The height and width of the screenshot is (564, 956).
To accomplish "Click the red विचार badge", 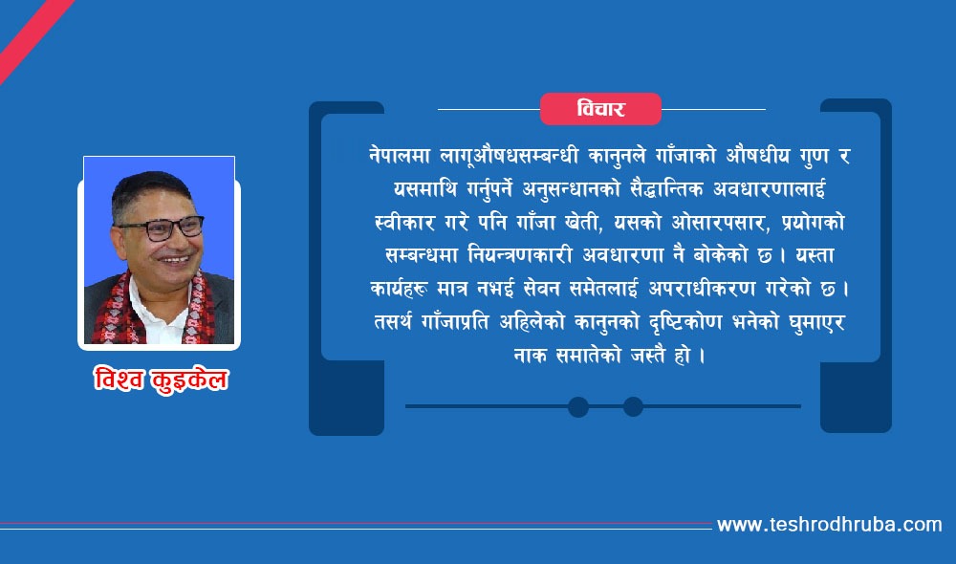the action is [x=600, y=109].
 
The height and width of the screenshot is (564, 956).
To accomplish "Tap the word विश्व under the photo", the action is [x=119, y=380].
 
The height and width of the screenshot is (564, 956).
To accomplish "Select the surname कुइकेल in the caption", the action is [x=189, y=380].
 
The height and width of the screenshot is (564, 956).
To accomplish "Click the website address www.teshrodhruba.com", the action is [x=829, y=525].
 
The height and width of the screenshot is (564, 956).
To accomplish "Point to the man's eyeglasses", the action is [x=161, y=228].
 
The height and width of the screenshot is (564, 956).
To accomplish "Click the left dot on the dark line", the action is [x=578, y=406].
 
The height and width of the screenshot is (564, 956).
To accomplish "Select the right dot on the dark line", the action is [x=633, y=406].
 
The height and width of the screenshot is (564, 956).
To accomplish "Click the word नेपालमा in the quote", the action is [x=400, y=156].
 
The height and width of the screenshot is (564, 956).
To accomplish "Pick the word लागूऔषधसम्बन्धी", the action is [x=510, y=156].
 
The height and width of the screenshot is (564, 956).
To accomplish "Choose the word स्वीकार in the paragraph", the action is [x=404, y=222].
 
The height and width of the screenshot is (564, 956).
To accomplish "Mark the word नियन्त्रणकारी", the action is [x=519, y=255].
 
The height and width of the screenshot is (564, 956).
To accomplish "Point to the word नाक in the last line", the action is [x=530, y=355].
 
